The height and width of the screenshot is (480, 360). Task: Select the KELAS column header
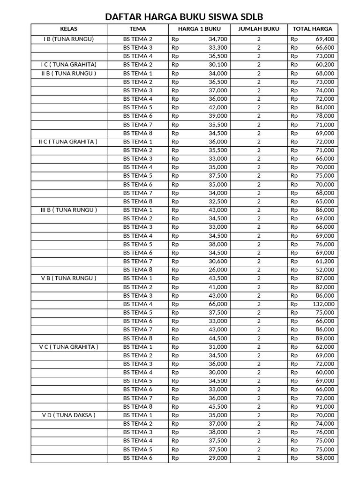click(x=68, y=29)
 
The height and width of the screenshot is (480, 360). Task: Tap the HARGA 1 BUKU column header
click(x=199, y=29)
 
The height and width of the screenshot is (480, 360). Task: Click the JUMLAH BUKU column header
click(x=259, y=29)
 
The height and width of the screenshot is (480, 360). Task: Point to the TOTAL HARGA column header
click(x=312, y=29)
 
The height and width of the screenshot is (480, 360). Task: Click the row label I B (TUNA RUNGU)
click(x=68, y=39)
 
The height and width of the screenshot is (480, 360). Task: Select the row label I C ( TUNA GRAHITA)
click(x=68, y=65)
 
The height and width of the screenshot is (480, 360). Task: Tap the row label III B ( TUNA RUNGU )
click(x=68, y=210)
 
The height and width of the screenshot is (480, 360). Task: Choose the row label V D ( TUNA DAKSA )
click(x=68, y=415)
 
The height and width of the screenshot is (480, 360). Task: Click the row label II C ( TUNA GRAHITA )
click(x=68, y=142)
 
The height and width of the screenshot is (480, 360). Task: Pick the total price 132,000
click(x=323, y=304)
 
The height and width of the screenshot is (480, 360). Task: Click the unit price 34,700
click(x=218, y=39)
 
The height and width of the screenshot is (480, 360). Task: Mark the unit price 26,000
click(x=218, y=270)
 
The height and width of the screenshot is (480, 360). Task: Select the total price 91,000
click(x=325, y=406)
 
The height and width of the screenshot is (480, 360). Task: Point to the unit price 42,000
click(x=218, y=107)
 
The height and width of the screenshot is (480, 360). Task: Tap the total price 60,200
click(x=325, y=65)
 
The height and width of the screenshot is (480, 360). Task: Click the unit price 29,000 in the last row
click(x=218, y=458)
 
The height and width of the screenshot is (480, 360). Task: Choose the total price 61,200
click(x=325, y=261)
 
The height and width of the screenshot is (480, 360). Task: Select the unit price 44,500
click(x=218, y=338)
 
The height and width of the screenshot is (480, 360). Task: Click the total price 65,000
click(x=325, y=202)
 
